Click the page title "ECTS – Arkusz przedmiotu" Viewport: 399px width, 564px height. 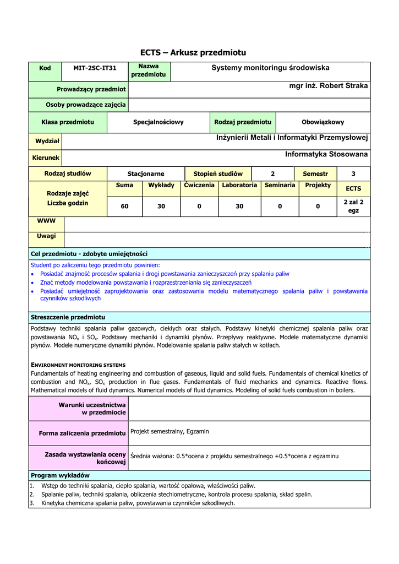coord(193,53)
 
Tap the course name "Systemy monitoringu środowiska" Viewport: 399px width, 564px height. coord(270,68)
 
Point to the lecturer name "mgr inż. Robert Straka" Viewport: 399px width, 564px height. coord(329,86)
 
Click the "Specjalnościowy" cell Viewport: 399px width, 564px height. coord(158,122)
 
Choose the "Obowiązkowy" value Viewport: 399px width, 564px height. coord(323,122)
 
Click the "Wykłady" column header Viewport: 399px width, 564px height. coord(161,186)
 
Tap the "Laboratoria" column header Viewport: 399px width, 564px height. coord(239,186)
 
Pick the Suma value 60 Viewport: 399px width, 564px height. coord(125,206)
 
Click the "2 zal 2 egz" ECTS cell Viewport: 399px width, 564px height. coord(353,206)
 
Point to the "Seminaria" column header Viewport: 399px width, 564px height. coord(280,186)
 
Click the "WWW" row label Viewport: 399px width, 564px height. coord(46,221)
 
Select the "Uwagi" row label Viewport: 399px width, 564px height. coord(46,236)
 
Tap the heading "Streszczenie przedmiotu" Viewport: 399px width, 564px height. coord(68,317)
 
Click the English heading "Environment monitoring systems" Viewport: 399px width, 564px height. coord(78,365)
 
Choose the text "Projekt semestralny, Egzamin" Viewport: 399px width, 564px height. coord(170,431)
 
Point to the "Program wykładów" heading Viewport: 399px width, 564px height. coord(60,475)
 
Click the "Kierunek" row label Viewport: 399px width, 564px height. coord(46,158)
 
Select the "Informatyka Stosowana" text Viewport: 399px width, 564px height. coord(326,155)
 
